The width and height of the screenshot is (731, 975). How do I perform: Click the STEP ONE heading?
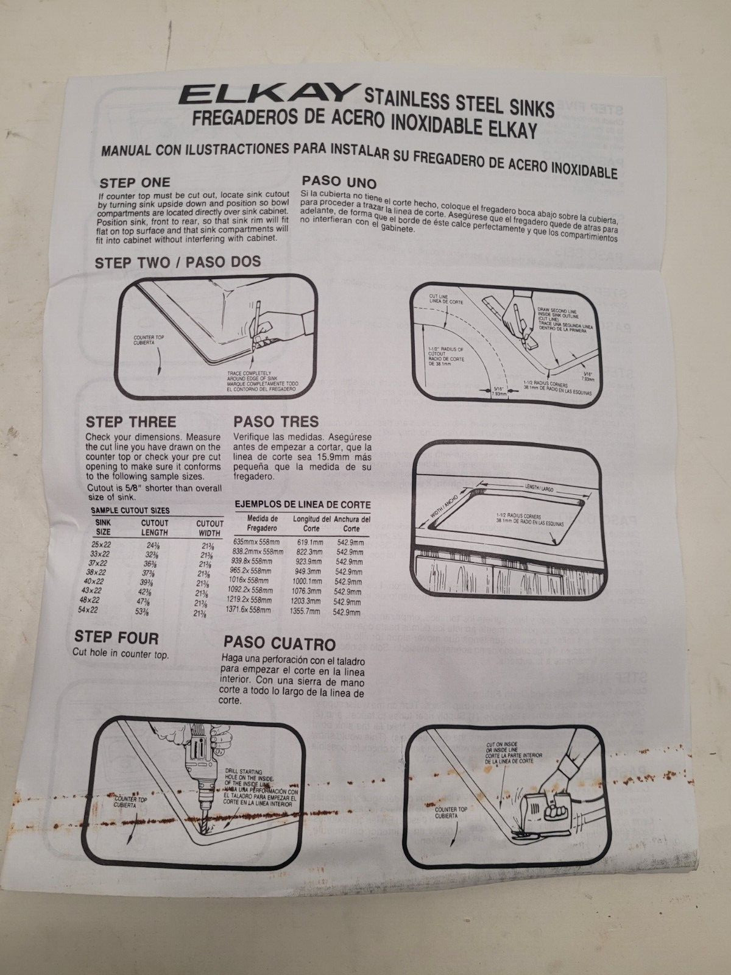[135, 182]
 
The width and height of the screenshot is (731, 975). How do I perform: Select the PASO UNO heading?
[339, 182]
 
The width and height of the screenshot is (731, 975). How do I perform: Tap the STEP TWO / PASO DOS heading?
[177, 261]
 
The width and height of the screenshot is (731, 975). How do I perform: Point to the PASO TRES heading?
[276, 422]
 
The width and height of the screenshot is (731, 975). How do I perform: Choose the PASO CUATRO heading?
[280, 643]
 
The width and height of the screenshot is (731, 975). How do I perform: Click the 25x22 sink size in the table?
[101, 544]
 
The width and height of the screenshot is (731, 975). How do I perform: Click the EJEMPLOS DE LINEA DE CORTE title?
[302, 505]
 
